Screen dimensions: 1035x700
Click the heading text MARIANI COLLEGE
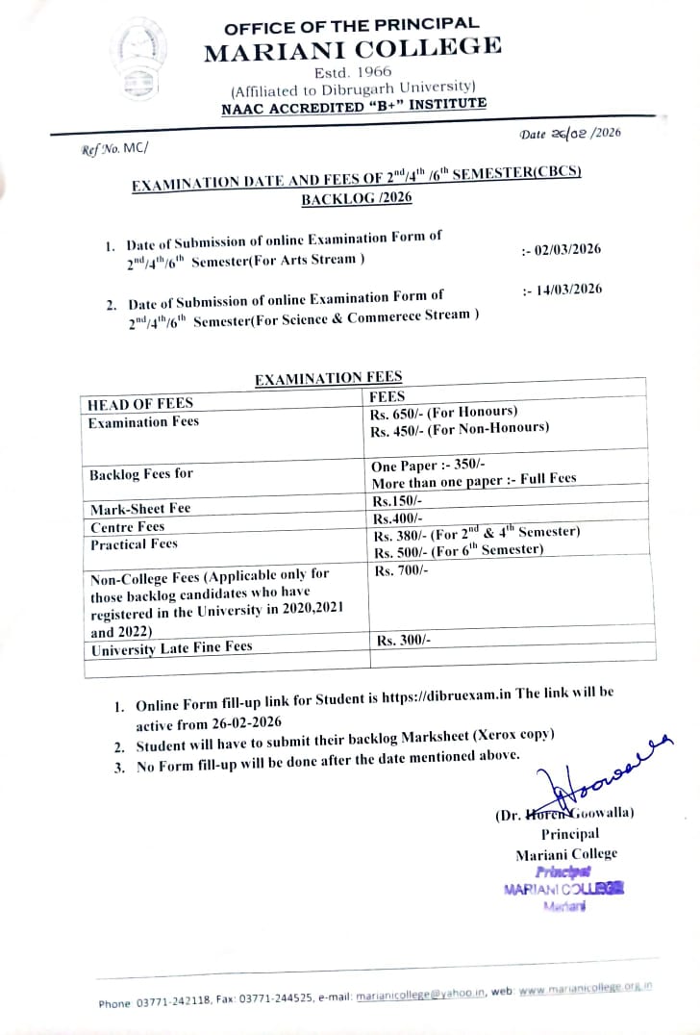(x=352, y=49)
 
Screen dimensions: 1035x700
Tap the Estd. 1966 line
(x=349, y=71)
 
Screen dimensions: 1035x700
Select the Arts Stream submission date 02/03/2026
(x=562, y=249)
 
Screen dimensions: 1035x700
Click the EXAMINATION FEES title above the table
(x=328, y=379)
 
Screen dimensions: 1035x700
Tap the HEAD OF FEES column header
(x=140, y=404)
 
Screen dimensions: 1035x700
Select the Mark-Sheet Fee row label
(x=140, y=509)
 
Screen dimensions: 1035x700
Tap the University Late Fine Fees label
(x=171, y=649)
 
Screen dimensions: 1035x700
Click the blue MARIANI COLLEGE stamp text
(x=563, y=890)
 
